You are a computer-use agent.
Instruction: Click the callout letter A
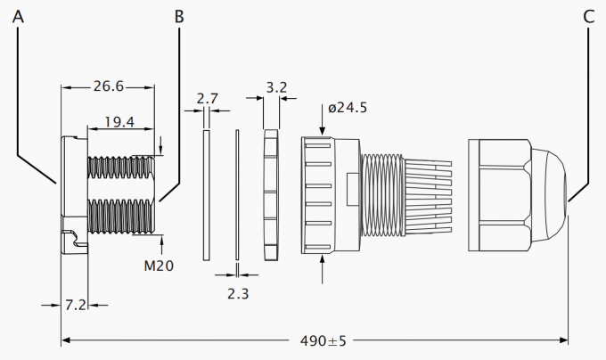[x=18, y=16]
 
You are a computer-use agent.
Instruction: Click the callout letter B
[x=179, y=17]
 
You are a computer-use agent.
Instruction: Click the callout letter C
[x=588, y=17]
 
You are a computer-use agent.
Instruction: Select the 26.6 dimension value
[x=109, y=86]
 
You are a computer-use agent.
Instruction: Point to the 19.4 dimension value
[x=119, y=122]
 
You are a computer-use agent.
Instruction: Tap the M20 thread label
[x=159, y=266]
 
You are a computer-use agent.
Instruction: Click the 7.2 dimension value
[x=76, y=305]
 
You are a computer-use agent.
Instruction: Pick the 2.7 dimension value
[x=207, y=99]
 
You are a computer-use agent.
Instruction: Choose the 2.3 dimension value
[x=238, y=294]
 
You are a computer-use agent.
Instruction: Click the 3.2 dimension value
[x=277, y=87]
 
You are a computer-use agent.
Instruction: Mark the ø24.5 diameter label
[x=348, y=108]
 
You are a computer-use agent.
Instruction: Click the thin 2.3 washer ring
[x=237, y=194]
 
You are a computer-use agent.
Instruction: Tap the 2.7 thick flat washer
[x=207, y=195]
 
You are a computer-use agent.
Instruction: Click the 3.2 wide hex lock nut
[x=271, y=194]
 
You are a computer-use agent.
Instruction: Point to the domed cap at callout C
[x=549, y=195]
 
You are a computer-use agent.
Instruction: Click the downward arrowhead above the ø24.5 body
[x=322, y=131]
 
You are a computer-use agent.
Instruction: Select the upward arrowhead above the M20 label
[x=161, y=240]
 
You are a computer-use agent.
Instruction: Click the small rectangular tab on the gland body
[x=353, y=190]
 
